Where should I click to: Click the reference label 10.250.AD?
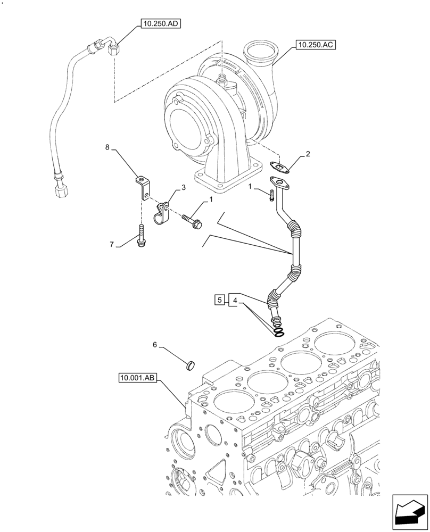click(x=160, y=23)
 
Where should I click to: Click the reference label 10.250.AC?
click(x=314, y=46)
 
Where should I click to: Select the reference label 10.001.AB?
click(x=137, y=378)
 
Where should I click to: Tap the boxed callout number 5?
click(x=220, y=300)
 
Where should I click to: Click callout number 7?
click(x=112, y=244)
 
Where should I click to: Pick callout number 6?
click(x=155, y=345)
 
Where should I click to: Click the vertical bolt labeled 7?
click(x=143, y=235)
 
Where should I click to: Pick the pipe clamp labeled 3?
click(x=163, y=213)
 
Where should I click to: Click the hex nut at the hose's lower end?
click(x=60, y=188)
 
